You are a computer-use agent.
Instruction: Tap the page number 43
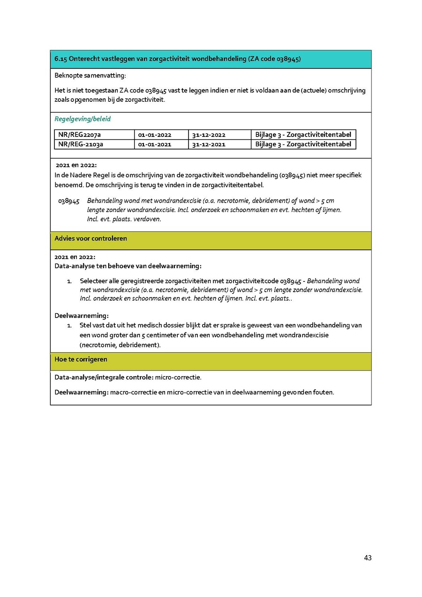pos(368,558)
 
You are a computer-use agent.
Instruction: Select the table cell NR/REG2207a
pos(79,135)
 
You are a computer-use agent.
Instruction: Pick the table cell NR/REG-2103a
pos(81,144)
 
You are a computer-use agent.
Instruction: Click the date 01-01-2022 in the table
pos(155,135)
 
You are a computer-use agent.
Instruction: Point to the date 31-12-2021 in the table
pos(208,144)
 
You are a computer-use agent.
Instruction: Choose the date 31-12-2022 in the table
pos(208,135)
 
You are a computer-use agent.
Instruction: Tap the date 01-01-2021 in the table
pos(154,144)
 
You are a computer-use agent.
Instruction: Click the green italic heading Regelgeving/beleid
pos(83,119)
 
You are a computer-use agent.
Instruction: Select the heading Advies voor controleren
pos(90,238)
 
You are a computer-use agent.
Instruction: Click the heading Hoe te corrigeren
pos(81,359)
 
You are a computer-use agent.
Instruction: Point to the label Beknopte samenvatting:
pos(90,76)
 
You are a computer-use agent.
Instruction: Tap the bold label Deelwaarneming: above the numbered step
pos(82,316)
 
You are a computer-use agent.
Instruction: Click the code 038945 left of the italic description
pos(69,201)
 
